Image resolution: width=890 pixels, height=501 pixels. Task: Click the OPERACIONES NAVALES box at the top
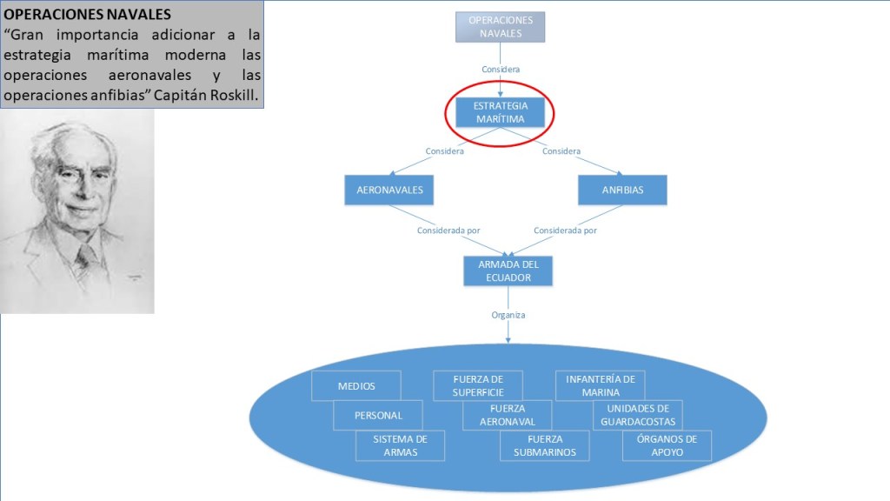point(500,27)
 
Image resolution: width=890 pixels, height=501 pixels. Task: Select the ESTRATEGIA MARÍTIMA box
point(500,112)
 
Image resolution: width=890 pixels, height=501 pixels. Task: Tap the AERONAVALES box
point(389,190)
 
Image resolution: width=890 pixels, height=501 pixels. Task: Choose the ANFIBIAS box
point(622,190)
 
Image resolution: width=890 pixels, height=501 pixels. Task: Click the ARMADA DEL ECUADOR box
point(508,271)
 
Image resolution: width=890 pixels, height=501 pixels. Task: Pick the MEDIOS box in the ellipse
point(355,385)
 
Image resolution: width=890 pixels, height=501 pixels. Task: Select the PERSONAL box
point(378,415)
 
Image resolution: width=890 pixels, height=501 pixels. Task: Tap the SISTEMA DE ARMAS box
point(400,445)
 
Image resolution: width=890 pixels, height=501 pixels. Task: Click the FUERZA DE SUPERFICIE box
point(478,385)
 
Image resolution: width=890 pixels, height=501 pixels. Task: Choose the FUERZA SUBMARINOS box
point(544,445)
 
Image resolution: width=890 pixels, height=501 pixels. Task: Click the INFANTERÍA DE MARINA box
point(600,385)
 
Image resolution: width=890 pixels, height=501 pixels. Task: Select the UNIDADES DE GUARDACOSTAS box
point(637,415)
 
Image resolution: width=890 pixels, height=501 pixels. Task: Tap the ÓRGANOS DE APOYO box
point(667,445)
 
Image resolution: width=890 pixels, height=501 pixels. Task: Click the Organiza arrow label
point(508,315)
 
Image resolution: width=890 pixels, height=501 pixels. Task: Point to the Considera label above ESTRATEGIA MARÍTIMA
point(501,69)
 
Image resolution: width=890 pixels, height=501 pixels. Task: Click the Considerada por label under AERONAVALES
point(448,230)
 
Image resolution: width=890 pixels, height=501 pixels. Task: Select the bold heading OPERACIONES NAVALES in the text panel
point(75,15)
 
